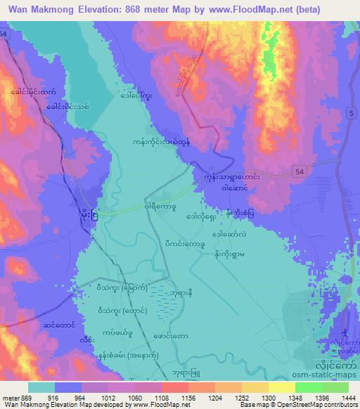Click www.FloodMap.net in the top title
pos(236,10)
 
